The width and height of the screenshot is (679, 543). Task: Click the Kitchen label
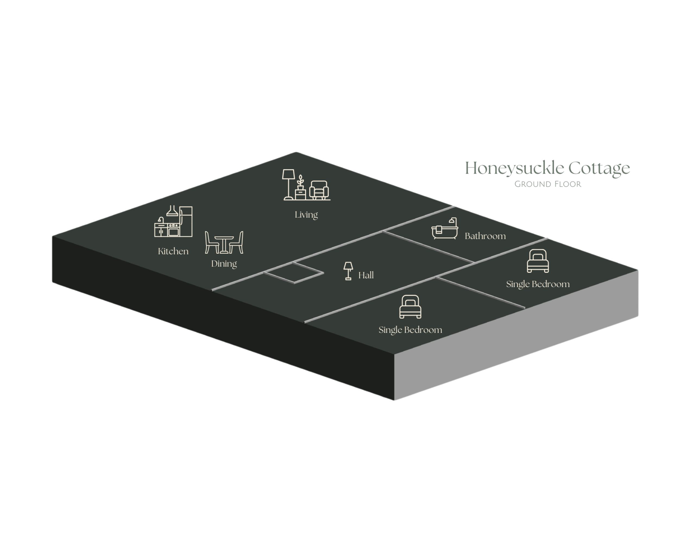(x=173, y=251)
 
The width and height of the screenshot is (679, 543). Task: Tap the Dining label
(x=224, y=263)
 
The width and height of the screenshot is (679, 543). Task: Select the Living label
(x=306, y=215)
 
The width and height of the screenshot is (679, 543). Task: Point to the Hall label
(x=366, y=275)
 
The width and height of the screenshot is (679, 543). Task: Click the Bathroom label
(x=485, y=236)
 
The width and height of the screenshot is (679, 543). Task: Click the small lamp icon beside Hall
(x=348, y=271)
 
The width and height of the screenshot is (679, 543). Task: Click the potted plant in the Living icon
(x=300, y=188)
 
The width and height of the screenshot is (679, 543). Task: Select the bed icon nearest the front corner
(x=410, y=307)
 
